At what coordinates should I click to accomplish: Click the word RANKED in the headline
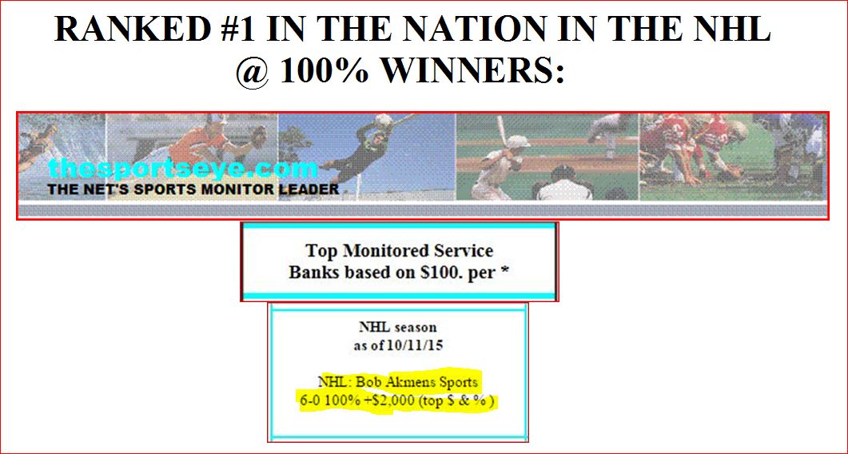click(x=132, y=29)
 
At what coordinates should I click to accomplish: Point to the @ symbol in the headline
click(x=253, y=70)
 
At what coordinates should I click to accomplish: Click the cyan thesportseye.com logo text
click(x=182, y=169)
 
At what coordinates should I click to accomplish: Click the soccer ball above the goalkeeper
click(x=384, y=120)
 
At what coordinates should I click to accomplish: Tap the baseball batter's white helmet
click(x=518, y=141)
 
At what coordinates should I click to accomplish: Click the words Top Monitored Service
click(x=399, y=251)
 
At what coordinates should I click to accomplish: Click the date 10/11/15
click(x=415, y=346)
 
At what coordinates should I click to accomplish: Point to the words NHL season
click(x=398, y=328)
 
